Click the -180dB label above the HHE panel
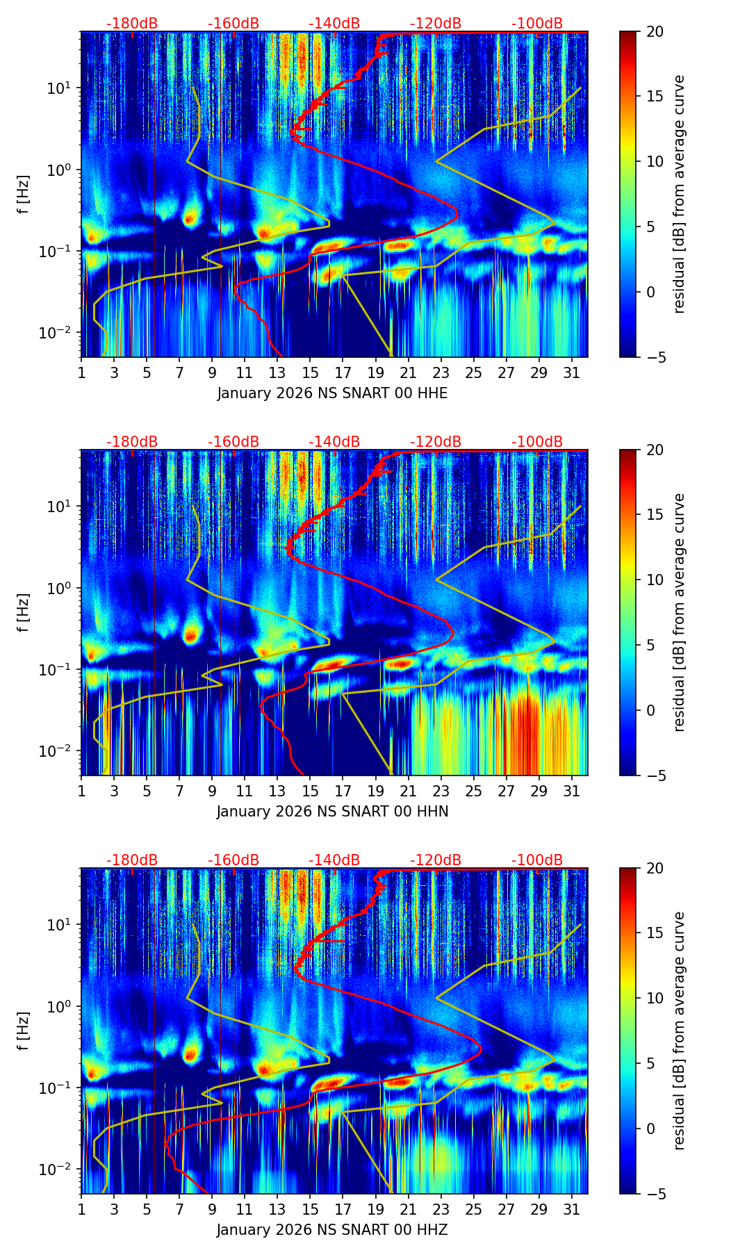[x=132, y=24]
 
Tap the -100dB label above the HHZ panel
[x=537, y=860]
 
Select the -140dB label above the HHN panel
[x=334, y=442]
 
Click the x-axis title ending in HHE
[x=332, y=393]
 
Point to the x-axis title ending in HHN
[x=332, y=812]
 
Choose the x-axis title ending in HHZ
[x=332, y=1230]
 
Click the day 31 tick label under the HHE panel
[x=572, y=372]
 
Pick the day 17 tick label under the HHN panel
[x=343, y=791]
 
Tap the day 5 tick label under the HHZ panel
[x=147, y=1209]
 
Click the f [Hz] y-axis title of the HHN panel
[x=24, y=612]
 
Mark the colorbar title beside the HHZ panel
[x=680, y=1031]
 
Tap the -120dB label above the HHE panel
[x=436, y=24]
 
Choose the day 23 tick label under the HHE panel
[x=441, y=372]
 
